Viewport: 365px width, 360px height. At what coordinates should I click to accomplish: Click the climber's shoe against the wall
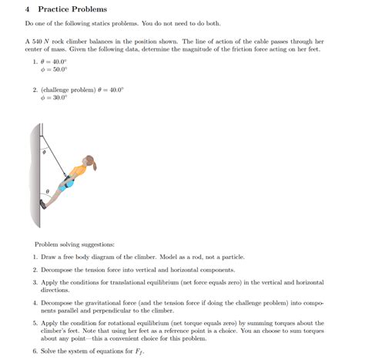coord(43,205)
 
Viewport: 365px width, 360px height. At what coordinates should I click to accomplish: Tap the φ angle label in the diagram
coord(44,153)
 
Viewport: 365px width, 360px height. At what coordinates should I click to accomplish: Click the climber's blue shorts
coord(69,183)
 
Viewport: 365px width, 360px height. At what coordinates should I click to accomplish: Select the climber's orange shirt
coord(76,171)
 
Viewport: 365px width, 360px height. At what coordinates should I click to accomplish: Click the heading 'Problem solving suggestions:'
coord(61,244)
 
